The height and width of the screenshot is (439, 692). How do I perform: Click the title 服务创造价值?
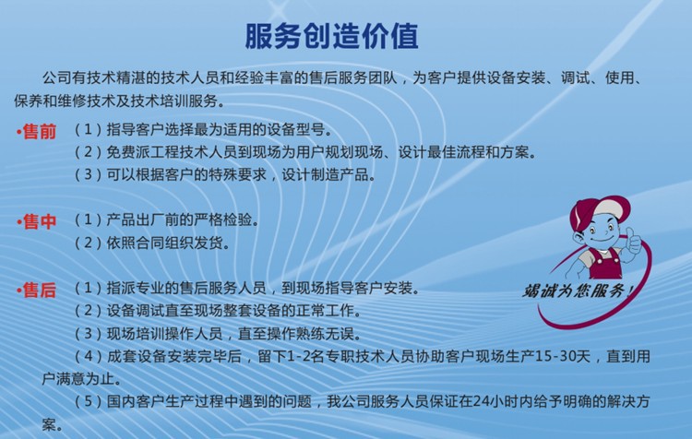(331, 36)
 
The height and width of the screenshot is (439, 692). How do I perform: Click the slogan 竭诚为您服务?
(579, 291)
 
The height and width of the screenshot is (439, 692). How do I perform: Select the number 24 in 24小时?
(479, 401)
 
